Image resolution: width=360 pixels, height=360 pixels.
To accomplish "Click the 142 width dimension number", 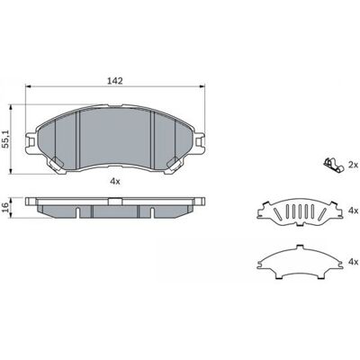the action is (x=115, y=80).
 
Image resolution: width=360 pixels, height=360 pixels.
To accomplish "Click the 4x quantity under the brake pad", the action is (x=115, y=181).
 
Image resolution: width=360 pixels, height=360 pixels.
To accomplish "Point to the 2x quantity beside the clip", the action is (x=353, y=165).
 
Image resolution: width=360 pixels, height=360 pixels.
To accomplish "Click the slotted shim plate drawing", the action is (x=299, y=212).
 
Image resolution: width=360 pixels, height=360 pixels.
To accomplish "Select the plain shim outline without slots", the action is (x=300, y=261).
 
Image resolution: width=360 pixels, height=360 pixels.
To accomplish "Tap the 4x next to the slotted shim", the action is (x=354, y=211).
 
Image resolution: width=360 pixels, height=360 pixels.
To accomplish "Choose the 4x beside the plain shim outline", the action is (x=354, y=262).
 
